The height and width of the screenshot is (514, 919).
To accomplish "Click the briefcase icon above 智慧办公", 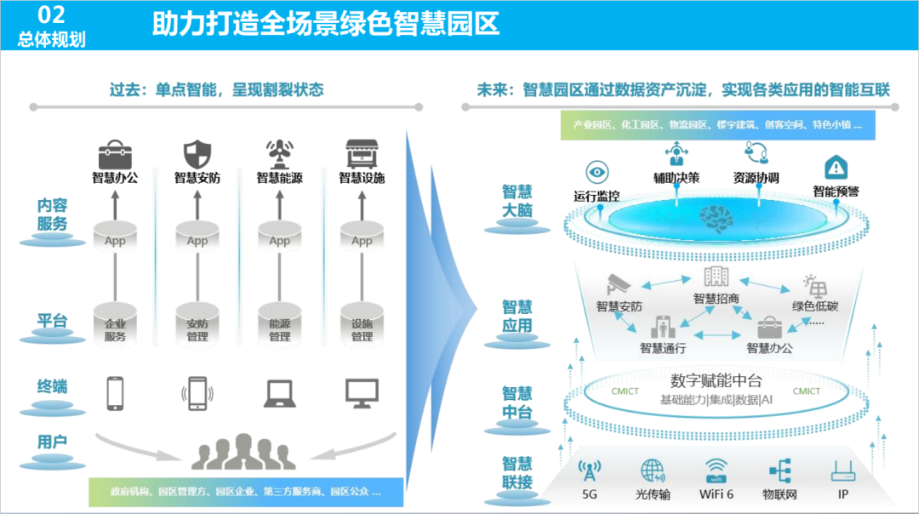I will pos(114,154).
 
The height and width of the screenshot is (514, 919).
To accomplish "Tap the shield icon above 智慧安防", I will pos(197,154).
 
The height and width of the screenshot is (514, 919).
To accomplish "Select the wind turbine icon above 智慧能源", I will pos(279,154).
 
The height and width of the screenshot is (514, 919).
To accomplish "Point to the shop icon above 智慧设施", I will pos(362,154).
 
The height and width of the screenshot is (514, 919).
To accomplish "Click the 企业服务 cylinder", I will pos(115,323).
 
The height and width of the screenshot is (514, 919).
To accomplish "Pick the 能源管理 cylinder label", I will pos(279,330).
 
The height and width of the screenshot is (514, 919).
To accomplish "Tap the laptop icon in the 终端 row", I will pos(279,392).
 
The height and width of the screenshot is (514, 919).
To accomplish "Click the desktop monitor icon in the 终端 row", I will pos(362,392).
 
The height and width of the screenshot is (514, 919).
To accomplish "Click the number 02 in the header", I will pos(52,14).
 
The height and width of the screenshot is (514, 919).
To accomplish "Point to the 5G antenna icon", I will pos(590,471).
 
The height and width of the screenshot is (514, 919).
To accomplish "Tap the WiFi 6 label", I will pos(716,493).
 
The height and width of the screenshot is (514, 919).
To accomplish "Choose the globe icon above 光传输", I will pos(653,471).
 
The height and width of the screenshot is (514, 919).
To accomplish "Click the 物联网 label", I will pos(779,493).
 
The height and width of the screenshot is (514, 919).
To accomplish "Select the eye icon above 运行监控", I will pos(596,172).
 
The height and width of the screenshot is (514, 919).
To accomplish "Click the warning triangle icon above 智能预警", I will pos(836,168).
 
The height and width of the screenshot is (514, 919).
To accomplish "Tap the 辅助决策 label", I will pos(676,178).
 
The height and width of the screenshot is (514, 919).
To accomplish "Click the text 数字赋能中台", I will pos(716,380).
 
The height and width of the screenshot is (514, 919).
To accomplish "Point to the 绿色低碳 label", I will pos(814,306).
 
